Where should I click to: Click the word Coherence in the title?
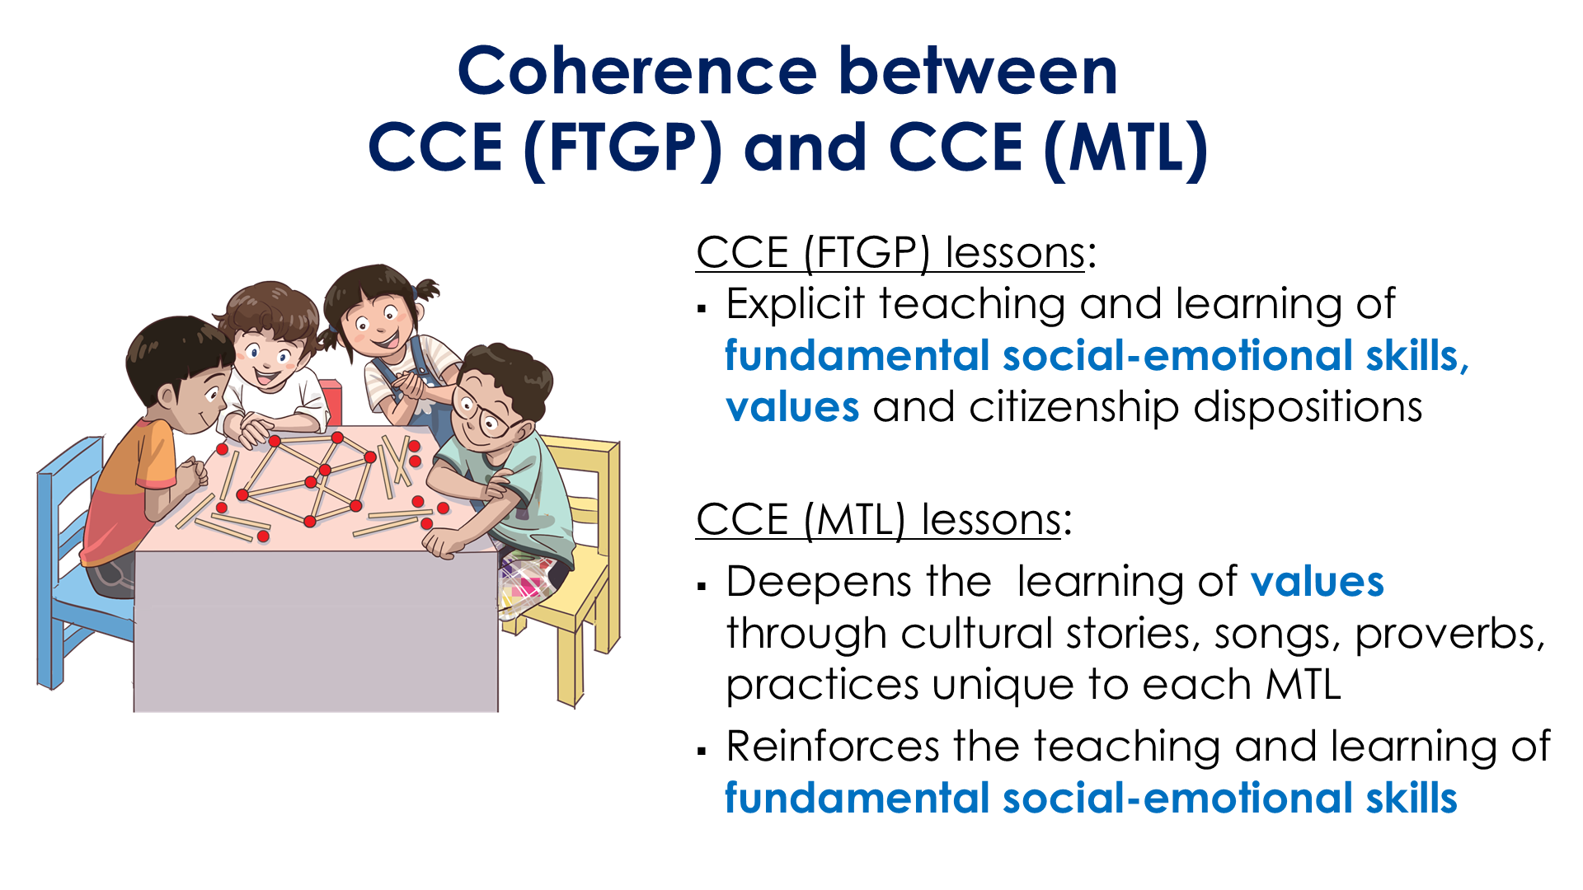(x=636, y=72)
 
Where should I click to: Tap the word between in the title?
(x=978, y=72)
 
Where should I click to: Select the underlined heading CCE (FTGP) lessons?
(x=890, y=252)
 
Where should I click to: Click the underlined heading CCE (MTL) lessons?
(x=879, y=520)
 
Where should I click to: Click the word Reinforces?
(x=833, y=747)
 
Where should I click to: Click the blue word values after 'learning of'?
(x=1317, y=582)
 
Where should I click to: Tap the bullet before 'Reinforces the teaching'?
(x=702, y=751)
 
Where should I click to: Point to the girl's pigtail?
(x=426, y=290)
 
